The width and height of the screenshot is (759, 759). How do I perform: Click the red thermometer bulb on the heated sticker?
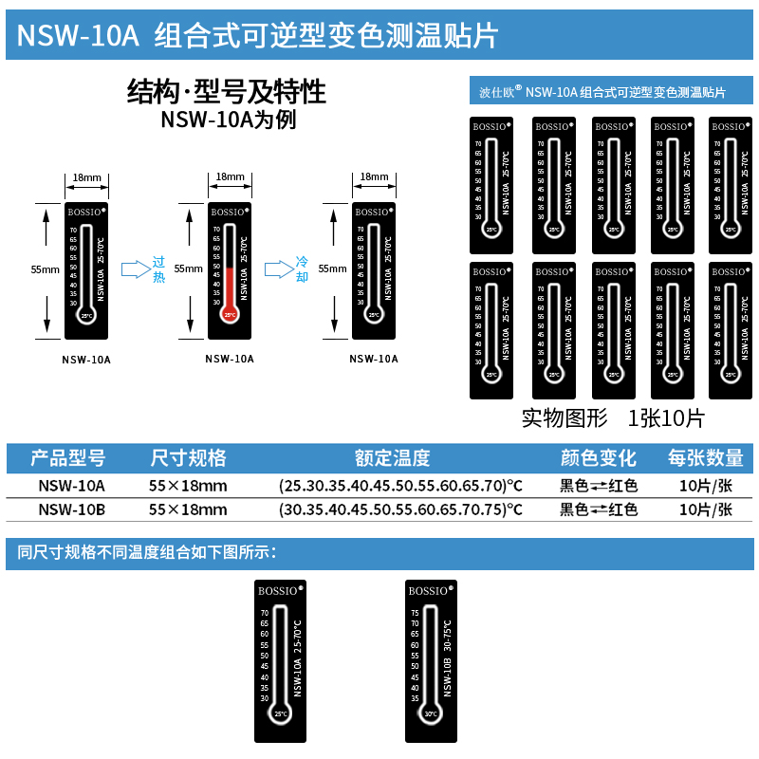coord(229,314)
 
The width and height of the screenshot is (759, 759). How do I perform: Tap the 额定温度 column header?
coord(393,458)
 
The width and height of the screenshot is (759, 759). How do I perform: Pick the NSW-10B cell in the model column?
coord(71,509)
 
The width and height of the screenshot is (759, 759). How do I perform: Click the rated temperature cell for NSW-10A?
coord(400,485)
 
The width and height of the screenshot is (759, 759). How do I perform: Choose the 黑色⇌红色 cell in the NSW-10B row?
coord(599,509)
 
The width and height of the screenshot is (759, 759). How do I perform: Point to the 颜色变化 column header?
coord(599,458)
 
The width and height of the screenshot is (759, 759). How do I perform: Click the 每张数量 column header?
coord(705,458)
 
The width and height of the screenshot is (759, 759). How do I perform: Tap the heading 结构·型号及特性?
coord(227,92)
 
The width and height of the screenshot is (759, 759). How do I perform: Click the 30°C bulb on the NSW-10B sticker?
coord(431,714)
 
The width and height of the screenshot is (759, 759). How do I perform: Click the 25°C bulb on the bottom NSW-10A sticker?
coord(280,713)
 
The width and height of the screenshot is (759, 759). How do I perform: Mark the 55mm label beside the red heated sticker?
coord(188,268)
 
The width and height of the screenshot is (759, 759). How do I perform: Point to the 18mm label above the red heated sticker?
coord(230,177)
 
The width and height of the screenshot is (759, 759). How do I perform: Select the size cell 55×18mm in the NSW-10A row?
coord(188,485)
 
